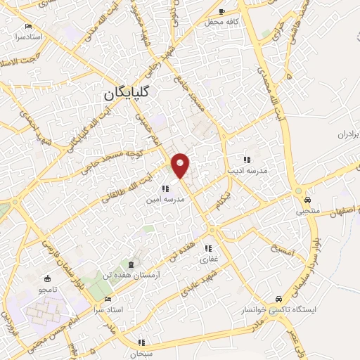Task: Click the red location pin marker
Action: click(181, 165)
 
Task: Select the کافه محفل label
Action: click(219, 22)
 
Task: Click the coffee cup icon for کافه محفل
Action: click(223, 12)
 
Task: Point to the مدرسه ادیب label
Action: click(244, 170)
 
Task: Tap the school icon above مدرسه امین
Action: click(165, 188)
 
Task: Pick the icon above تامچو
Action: click(48, 279)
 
